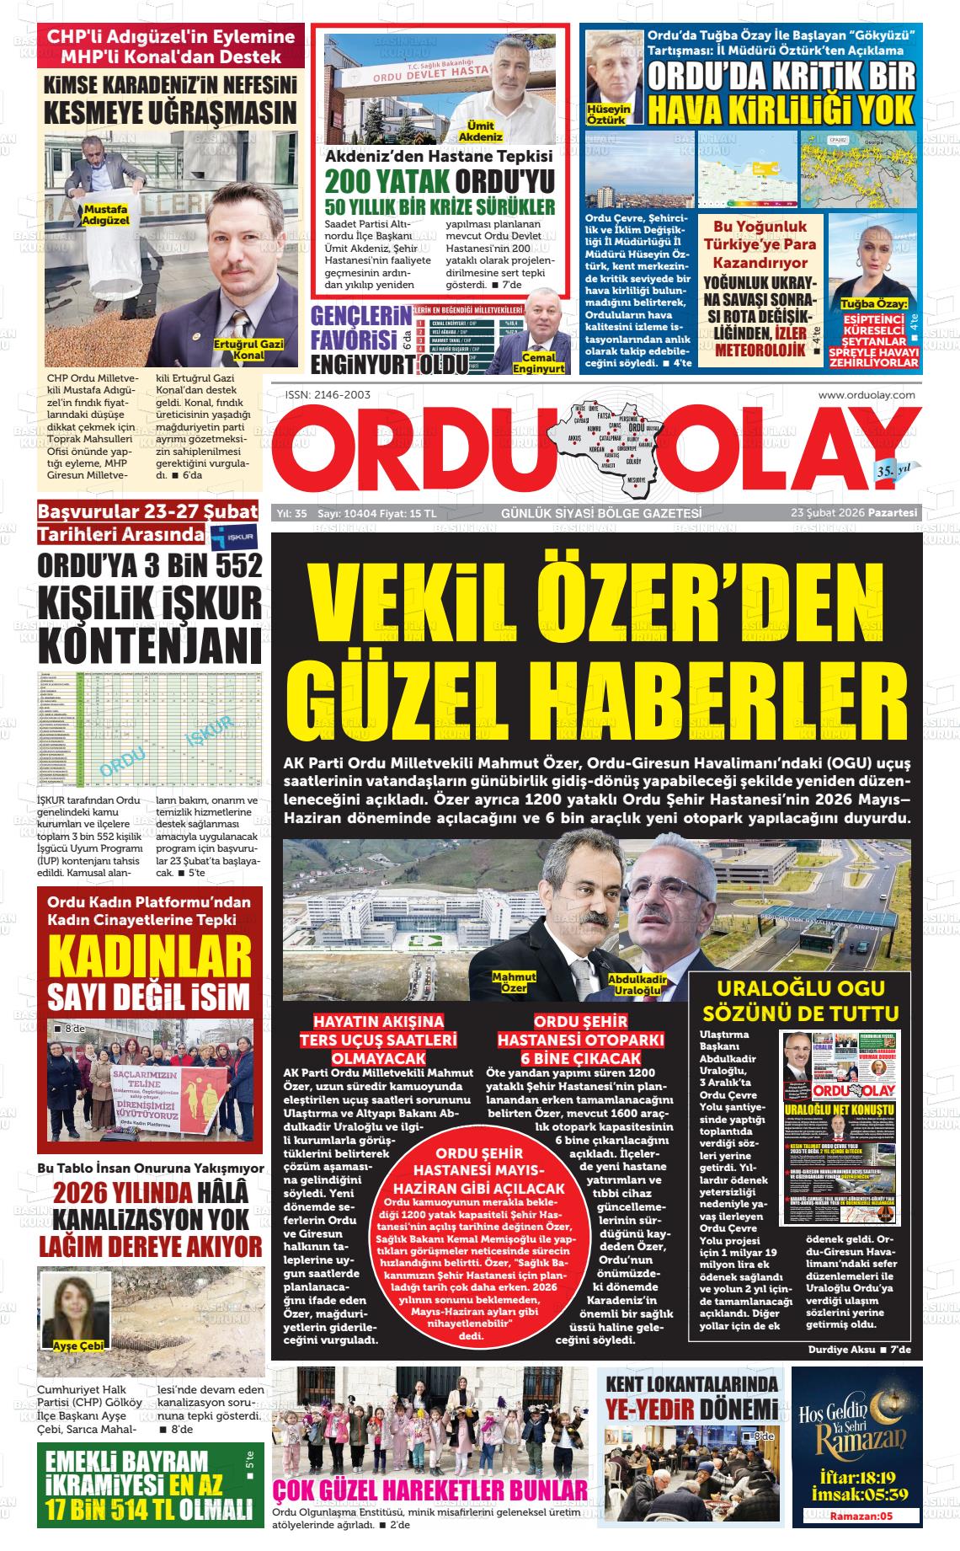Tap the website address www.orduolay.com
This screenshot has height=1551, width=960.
coord(867,394)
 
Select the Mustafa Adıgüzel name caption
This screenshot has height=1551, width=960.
coord(105,214)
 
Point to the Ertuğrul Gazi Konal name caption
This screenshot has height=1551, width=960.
coord(239,350)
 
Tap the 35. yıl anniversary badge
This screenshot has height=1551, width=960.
coord(893,468)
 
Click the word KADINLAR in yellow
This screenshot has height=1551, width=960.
coord(150,957)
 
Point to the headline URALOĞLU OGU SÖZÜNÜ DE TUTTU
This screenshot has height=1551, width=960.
coord(806,1001)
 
